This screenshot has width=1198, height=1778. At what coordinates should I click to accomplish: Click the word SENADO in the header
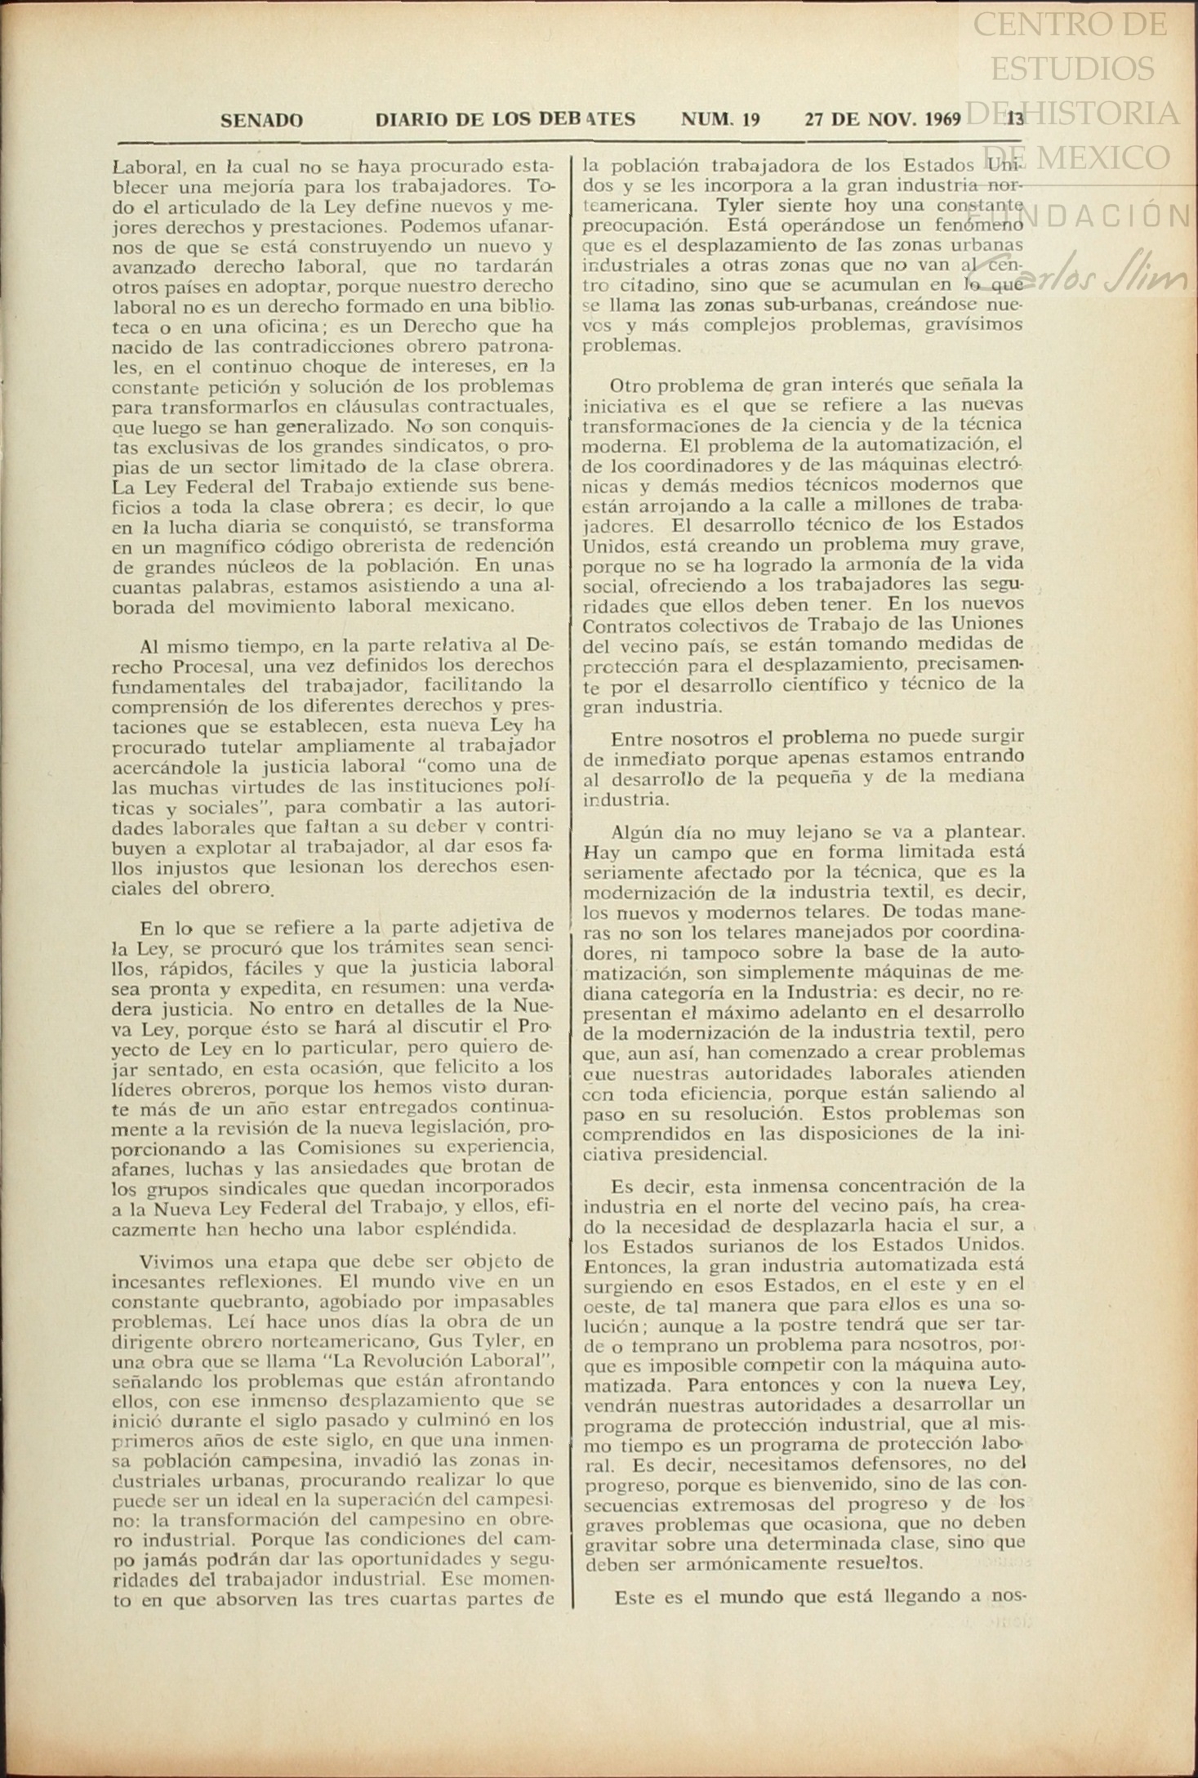coord(261,121)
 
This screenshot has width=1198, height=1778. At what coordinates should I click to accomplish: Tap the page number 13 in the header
coord(1015,119)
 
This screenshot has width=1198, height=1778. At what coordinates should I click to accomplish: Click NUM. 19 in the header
coord(720,120)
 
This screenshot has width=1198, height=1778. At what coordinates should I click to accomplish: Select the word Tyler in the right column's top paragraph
coord(740,205)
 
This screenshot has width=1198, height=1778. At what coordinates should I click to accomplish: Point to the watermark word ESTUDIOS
coord(1072,69)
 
